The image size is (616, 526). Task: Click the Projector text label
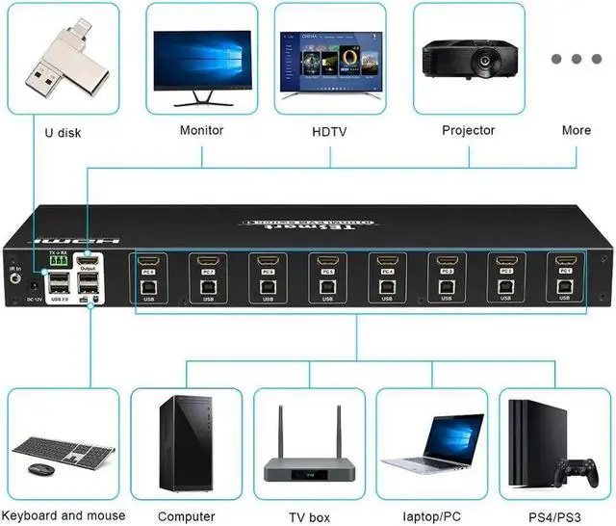(x=468, y=130)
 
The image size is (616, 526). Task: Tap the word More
(x=577, y=130)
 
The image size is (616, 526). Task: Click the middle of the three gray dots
(x=577, y=59)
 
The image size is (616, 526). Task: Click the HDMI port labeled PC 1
(x=564, y=260)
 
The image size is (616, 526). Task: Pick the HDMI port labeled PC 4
(x=386, y=260)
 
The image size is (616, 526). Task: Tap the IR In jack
(x=14, y=278)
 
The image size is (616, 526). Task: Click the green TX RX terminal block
(x=57, y=260)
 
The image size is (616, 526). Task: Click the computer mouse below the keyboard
(x=40, y=469)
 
